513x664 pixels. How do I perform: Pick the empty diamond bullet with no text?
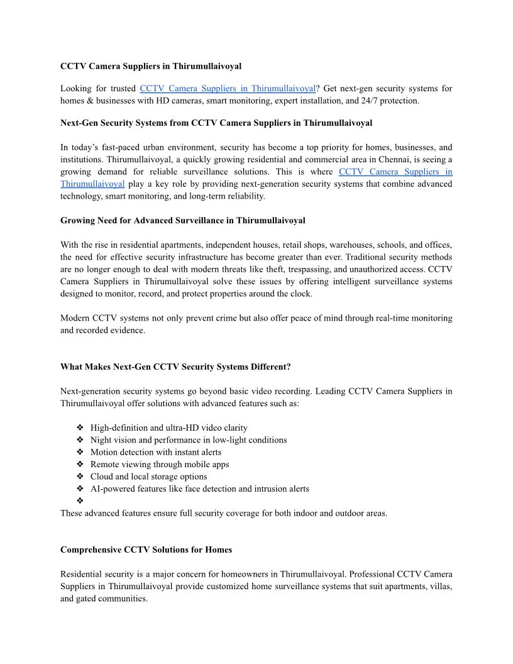point(80,501)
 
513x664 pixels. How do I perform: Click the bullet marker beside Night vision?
point(80,440)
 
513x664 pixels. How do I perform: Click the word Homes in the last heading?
point(219,550)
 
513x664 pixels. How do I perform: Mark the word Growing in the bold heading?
point(77,220)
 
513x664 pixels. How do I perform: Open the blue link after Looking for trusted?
point(227,89)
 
